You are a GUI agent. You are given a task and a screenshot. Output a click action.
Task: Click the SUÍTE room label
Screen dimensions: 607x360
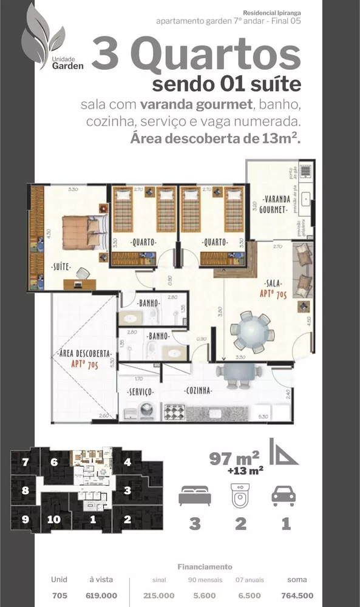(x=61, y=266)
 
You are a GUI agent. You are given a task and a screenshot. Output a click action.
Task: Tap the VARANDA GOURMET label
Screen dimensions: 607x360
(x=274, y=204)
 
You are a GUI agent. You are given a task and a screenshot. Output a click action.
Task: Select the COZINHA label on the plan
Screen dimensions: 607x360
(x=198, y=392)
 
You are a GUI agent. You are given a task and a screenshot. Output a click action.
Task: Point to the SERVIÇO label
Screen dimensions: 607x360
(x=139, y=392)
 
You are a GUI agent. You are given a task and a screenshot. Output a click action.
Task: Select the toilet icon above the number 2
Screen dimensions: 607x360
(x=240, y=495)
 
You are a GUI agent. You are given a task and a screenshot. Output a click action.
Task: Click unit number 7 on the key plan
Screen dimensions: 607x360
(x=25, y=463)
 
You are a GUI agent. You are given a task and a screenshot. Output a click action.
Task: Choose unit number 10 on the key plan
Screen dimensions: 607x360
(x=54, y=519)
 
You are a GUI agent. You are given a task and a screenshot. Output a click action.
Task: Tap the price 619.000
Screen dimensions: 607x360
(x=101, y=595)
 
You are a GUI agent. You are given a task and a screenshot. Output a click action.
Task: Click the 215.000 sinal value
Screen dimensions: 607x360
(x=158, y=595)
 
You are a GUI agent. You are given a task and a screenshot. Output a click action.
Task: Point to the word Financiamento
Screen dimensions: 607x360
(x=205, y=567)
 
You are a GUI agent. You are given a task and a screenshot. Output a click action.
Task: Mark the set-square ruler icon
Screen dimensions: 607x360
(x=284, y=453)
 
